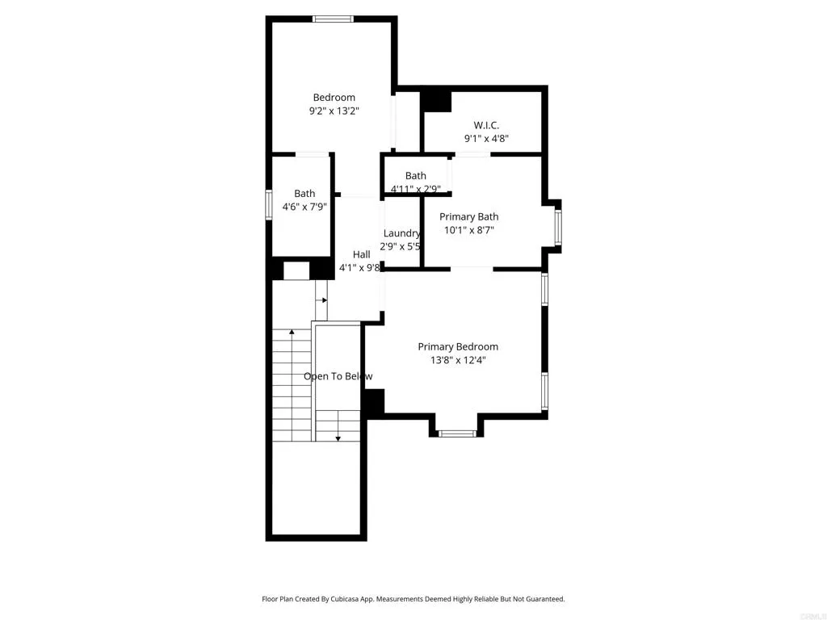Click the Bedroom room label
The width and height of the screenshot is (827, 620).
334,98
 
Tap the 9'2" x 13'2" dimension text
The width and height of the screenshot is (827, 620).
334,112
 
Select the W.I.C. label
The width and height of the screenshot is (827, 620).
486,125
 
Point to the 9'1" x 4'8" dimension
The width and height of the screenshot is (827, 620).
486,139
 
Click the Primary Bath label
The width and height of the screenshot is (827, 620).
468,216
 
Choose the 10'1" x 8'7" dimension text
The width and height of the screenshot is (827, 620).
468,230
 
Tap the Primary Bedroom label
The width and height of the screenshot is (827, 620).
458,347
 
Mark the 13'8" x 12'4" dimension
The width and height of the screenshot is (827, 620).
458,361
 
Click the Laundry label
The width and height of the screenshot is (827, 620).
401,233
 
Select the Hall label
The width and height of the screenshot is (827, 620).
361,254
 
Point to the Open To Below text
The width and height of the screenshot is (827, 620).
338,376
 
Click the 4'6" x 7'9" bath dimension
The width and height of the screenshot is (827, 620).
304,207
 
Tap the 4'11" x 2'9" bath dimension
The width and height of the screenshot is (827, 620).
415,190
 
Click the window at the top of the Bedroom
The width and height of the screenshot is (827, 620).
334,19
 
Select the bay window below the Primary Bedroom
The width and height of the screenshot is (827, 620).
457,434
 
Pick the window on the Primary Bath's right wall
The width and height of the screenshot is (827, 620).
557,227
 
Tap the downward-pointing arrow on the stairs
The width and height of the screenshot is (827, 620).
338,437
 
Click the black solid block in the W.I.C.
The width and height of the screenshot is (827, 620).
436,100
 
